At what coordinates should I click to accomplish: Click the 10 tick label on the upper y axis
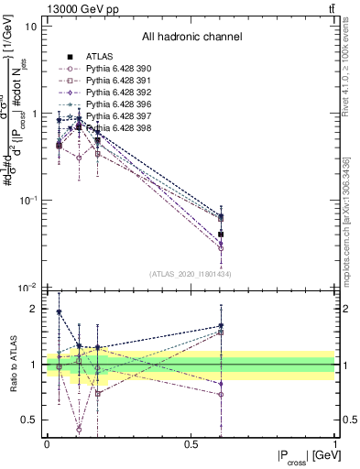30,27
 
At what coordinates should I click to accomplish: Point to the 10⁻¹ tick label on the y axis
27,199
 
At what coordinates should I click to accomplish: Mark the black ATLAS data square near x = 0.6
221,235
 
